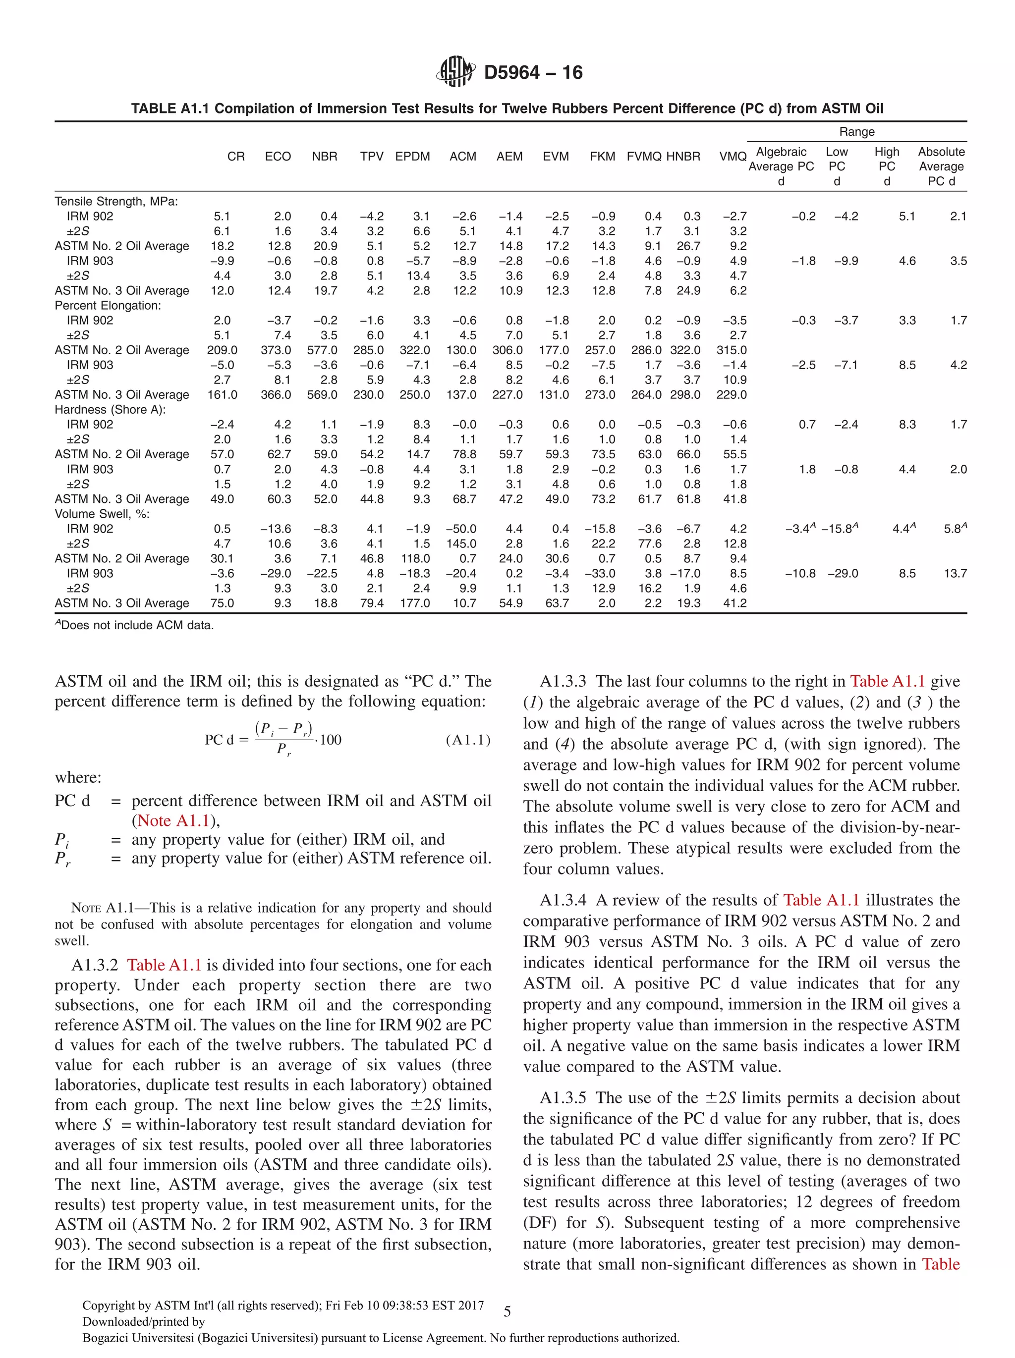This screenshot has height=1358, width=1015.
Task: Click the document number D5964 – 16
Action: click(x=533, y=72)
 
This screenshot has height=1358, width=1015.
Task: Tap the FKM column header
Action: click(x=602, y=157)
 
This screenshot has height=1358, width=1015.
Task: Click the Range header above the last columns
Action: click(x=856, y=131)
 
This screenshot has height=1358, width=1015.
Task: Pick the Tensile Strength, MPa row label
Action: click(x=116, y=201)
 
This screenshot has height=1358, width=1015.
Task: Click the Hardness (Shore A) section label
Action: click(x=110, y=410)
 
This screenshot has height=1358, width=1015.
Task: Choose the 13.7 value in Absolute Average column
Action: click(x=955, y=573)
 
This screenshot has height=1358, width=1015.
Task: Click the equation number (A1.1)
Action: click(x=468, y=740)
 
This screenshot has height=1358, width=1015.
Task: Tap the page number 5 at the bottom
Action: click(x=507, y=1312)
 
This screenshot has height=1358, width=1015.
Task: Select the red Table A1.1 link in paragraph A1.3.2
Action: click(x=164, y=965)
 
